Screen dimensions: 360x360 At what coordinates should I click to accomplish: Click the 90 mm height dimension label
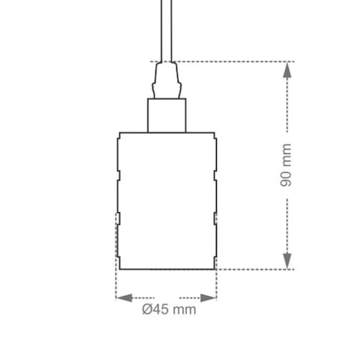click(x=286, y=165)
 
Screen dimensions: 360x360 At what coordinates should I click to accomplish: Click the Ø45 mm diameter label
click(x=169, y=310)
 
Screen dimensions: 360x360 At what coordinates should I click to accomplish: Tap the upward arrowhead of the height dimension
click(x=287, y=70)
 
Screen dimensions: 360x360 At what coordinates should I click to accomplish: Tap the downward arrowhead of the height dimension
click(x=287, y=261)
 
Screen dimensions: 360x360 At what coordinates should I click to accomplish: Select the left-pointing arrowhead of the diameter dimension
click(x=125, y=298)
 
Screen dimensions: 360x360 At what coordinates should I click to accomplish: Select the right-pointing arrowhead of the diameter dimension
click(x=208, y=298)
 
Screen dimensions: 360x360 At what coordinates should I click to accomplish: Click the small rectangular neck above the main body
click(x=167, y=115)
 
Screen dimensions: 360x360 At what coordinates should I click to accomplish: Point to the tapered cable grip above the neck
click(x=167, y=80)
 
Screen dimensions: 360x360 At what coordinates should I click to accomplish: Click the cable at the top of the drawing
click(x=167, y=31)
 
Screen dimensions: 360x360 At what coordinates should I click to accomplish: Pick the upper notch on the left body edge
click(x=119, y=175)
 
